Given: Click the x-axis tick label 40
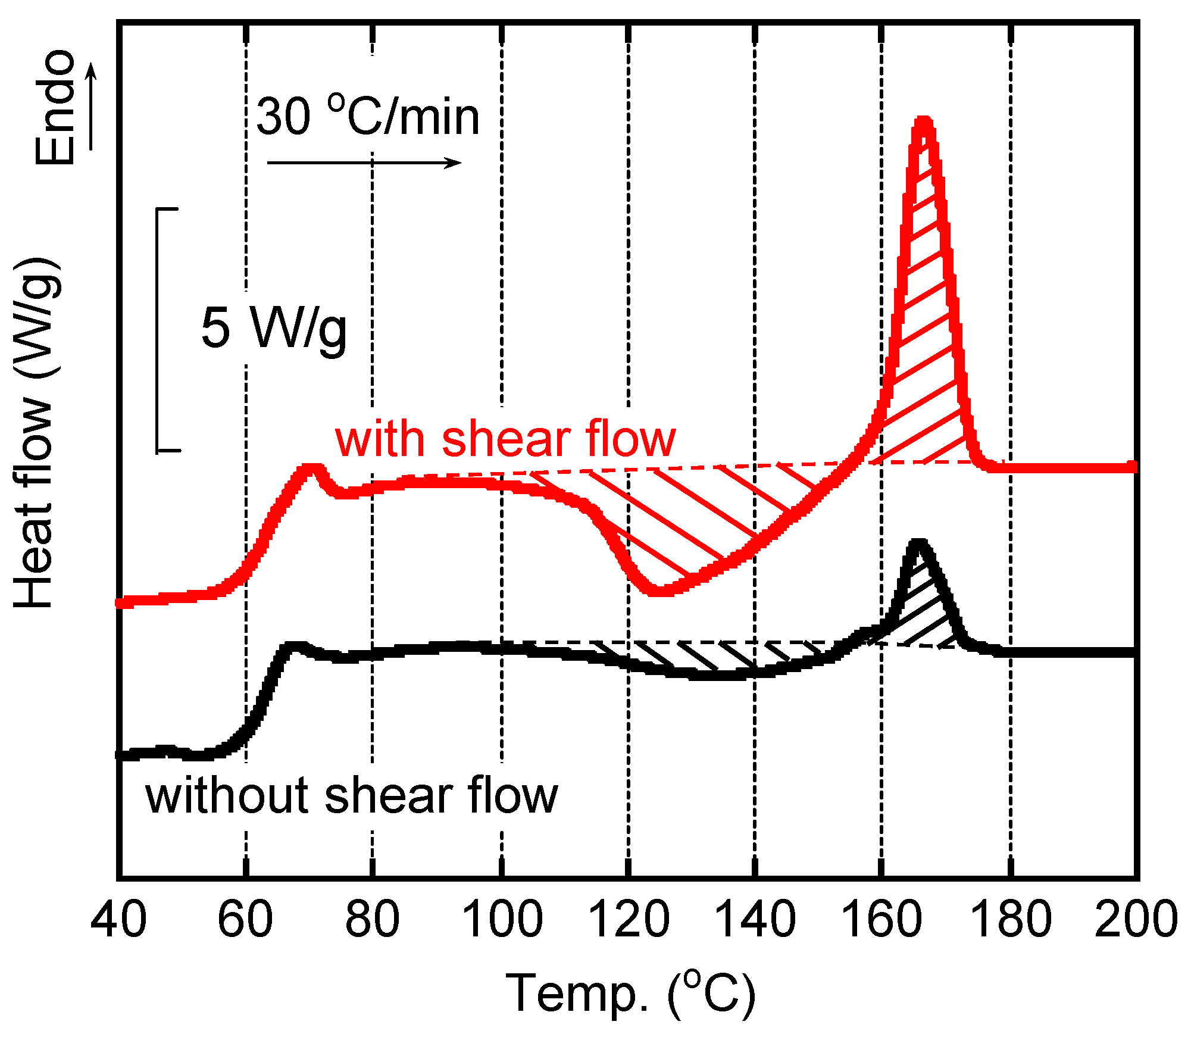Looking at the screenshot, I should [x=118, y=920].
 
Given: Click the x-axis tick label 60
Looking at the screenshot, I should [x=245, y=920].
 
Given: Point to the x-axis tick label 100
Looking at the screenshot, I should [x=502, y=920].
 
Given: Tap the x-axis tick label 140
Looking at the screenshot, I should [x=754, y=920].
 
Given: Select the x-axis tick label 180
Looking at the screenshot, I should [x=1010, y=920].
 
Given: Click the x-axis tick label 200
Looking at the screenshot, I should [x=1136, y=920].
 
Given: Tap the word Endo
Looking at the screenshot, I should [x=55, y=107].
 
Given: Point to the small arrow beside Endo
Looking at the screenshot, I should [x=91, y=107].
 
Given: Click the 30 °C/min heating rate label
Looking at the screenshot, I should [x=367, y=116].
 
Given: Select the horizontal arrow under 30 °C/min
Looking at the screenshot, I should [x=364, y=163].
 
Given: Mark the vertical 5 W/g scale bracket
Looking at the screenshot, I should [x=158, y=330].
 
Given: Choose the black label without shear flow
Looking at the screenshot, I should [x=351, y=795].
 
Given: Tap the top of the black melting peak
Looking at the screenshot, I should [x=918, y=543].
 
